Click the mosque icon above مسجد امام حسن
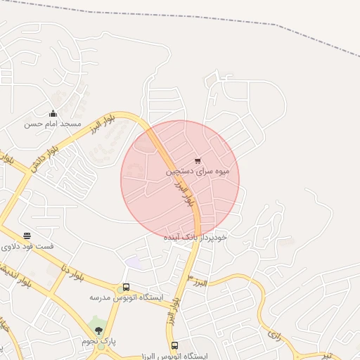click(53, 114)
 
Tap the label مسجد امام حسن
click(53, 124)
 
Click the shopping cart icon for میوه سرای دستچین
click(198, 161)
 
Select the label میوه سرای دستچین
click(198, 171)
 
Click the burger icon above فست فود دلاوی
click(27, 236)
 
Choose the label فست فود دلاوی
click(27, 247)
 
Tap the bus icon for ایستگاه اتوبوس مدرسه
click(126, 287)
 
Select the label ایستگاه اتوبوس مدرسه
click(126, 297)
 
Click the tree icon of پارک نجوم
click(98, 330)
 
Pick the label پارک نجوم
click(98, 341)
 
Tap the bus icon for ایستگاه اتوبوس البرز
click(174, 345)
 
